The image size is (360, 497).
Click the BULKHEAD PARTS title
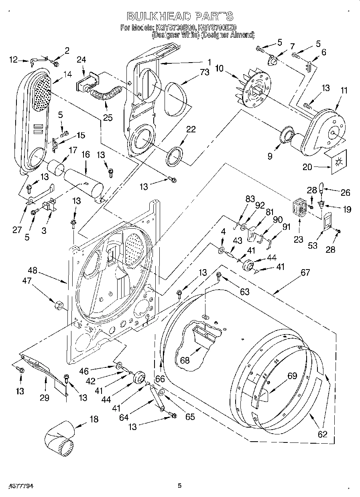pyautogui.click(x=179, y=16)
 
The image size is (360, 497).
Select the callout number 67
pyautogui.click(x=305, y=272)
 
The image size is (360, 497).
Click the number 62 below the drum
pyautogui.click(x=322, y=434)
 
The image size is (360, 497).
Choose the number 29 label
pyautogui.click(x=44, y=398)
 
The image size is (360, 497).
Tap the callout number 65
pyautogui.click(x=189, y=417)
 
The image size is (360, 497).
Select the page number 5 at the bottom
pyautogui.click(x=179, y=486)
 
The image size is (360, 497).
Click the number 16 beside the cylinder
pyautogui.click(x=85, y=154)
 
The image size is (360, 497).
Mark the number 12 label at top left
pyautogui.click(x=14, y=60)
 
